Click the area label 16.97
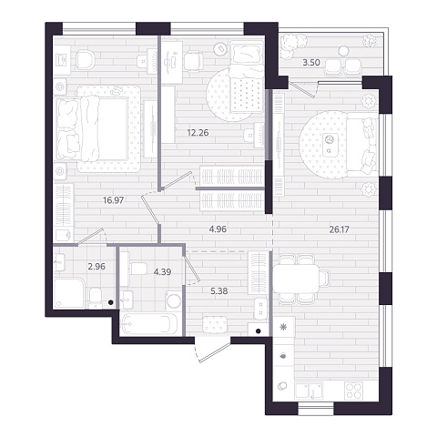tap(113, 200)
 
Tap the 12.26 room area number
tap(198, 133)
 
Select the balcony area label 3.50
tap(311, 63)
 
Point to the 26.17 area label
tap(340, 229)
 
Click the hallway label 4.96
tap(218, 229)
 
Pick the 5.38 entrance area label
tap(219, 291)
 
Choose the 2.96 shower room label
tap(97, 267)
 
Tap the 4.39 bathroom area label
tap(162, 272)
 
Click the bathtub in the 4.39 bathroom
tap(149, 324)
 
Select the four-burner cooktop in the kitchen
tap(353, 391)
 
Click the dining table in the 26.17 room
tap(296, 279)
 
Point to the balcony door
tap(303, 89)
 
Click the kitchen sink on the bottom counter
tap(309, 391)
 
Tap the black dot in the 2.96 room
tap(111, 302)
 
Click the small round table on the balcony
tap(343, 51)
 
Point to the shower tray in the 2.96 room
tap(68, 293)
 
